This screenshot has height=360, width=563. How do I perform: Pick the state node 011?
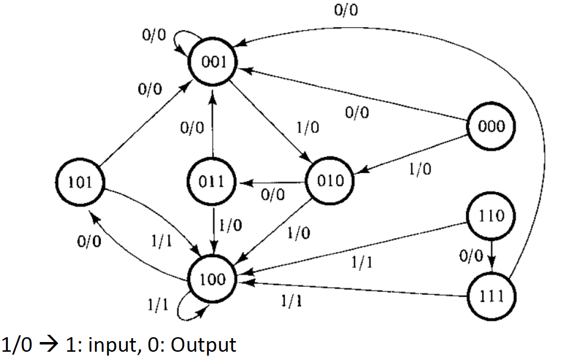212,182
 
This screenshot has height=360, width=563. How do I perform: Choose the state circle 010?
330,181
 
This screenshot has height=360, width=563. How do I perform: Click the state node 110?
491,215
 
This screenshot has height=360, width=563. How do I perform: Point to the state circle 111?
491,295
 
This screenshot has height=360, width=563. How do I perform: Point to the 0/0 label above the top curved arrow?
347,10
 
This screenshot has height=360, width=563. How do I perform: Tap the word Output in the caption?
203,345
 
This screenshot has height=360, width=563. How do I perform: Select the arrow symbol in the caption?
48,345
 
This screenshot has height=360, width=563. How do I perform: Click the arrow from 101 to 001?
146,124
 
